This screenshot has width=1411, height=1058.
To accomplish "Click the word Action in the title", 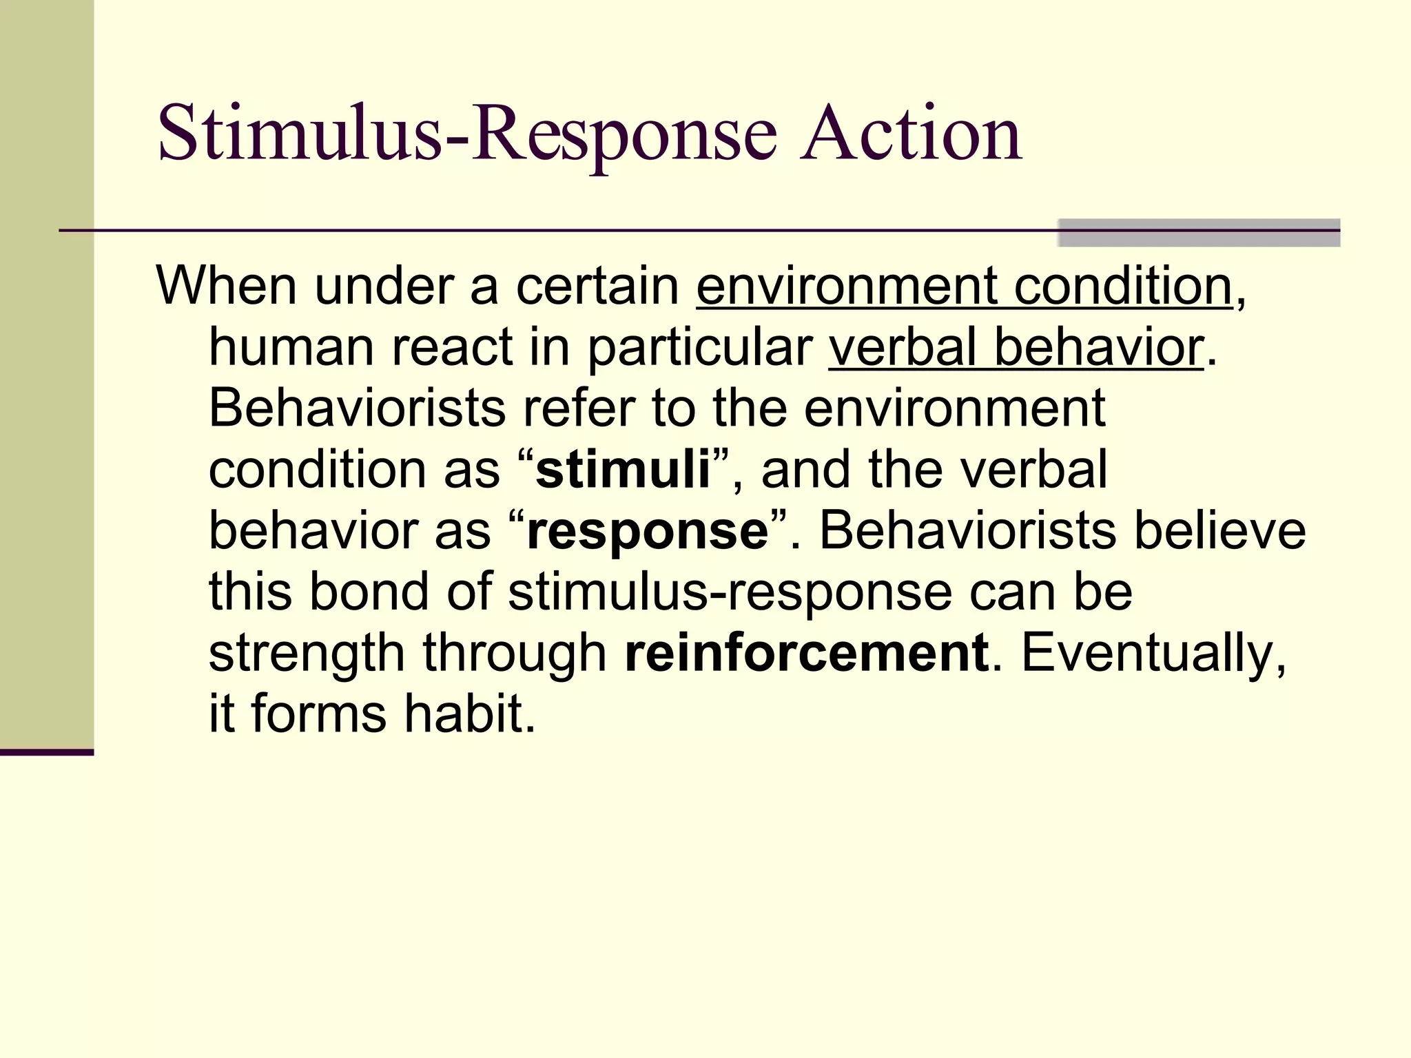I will (911, 134).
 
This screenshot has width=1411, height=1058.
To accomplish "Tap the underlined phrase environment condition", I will (964, 286).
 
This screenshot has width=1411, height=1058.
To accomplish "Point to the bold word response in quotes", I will (648, 532).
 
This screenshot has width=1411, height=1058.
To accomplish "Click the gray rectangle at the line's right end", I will (1199, 233).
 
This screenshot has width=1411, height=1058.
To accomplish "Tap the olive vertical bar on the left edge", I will (46, 372).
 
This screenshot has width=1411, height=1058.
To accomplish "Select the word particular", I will (700, 348).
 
